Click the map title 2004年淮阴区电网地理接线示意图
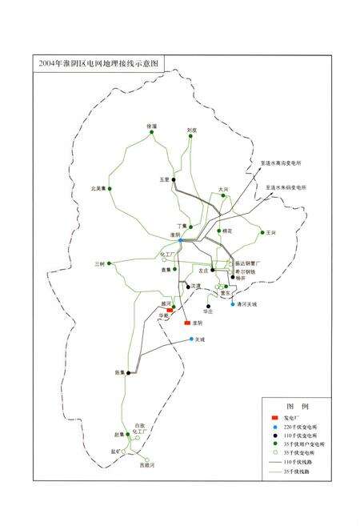click(x=94, y=62)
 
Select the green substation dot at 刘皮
click(x=191, y=137)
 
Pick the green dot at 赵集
click(x=126, y=434)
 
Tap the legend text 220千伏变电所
click(x=303, y=430)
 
